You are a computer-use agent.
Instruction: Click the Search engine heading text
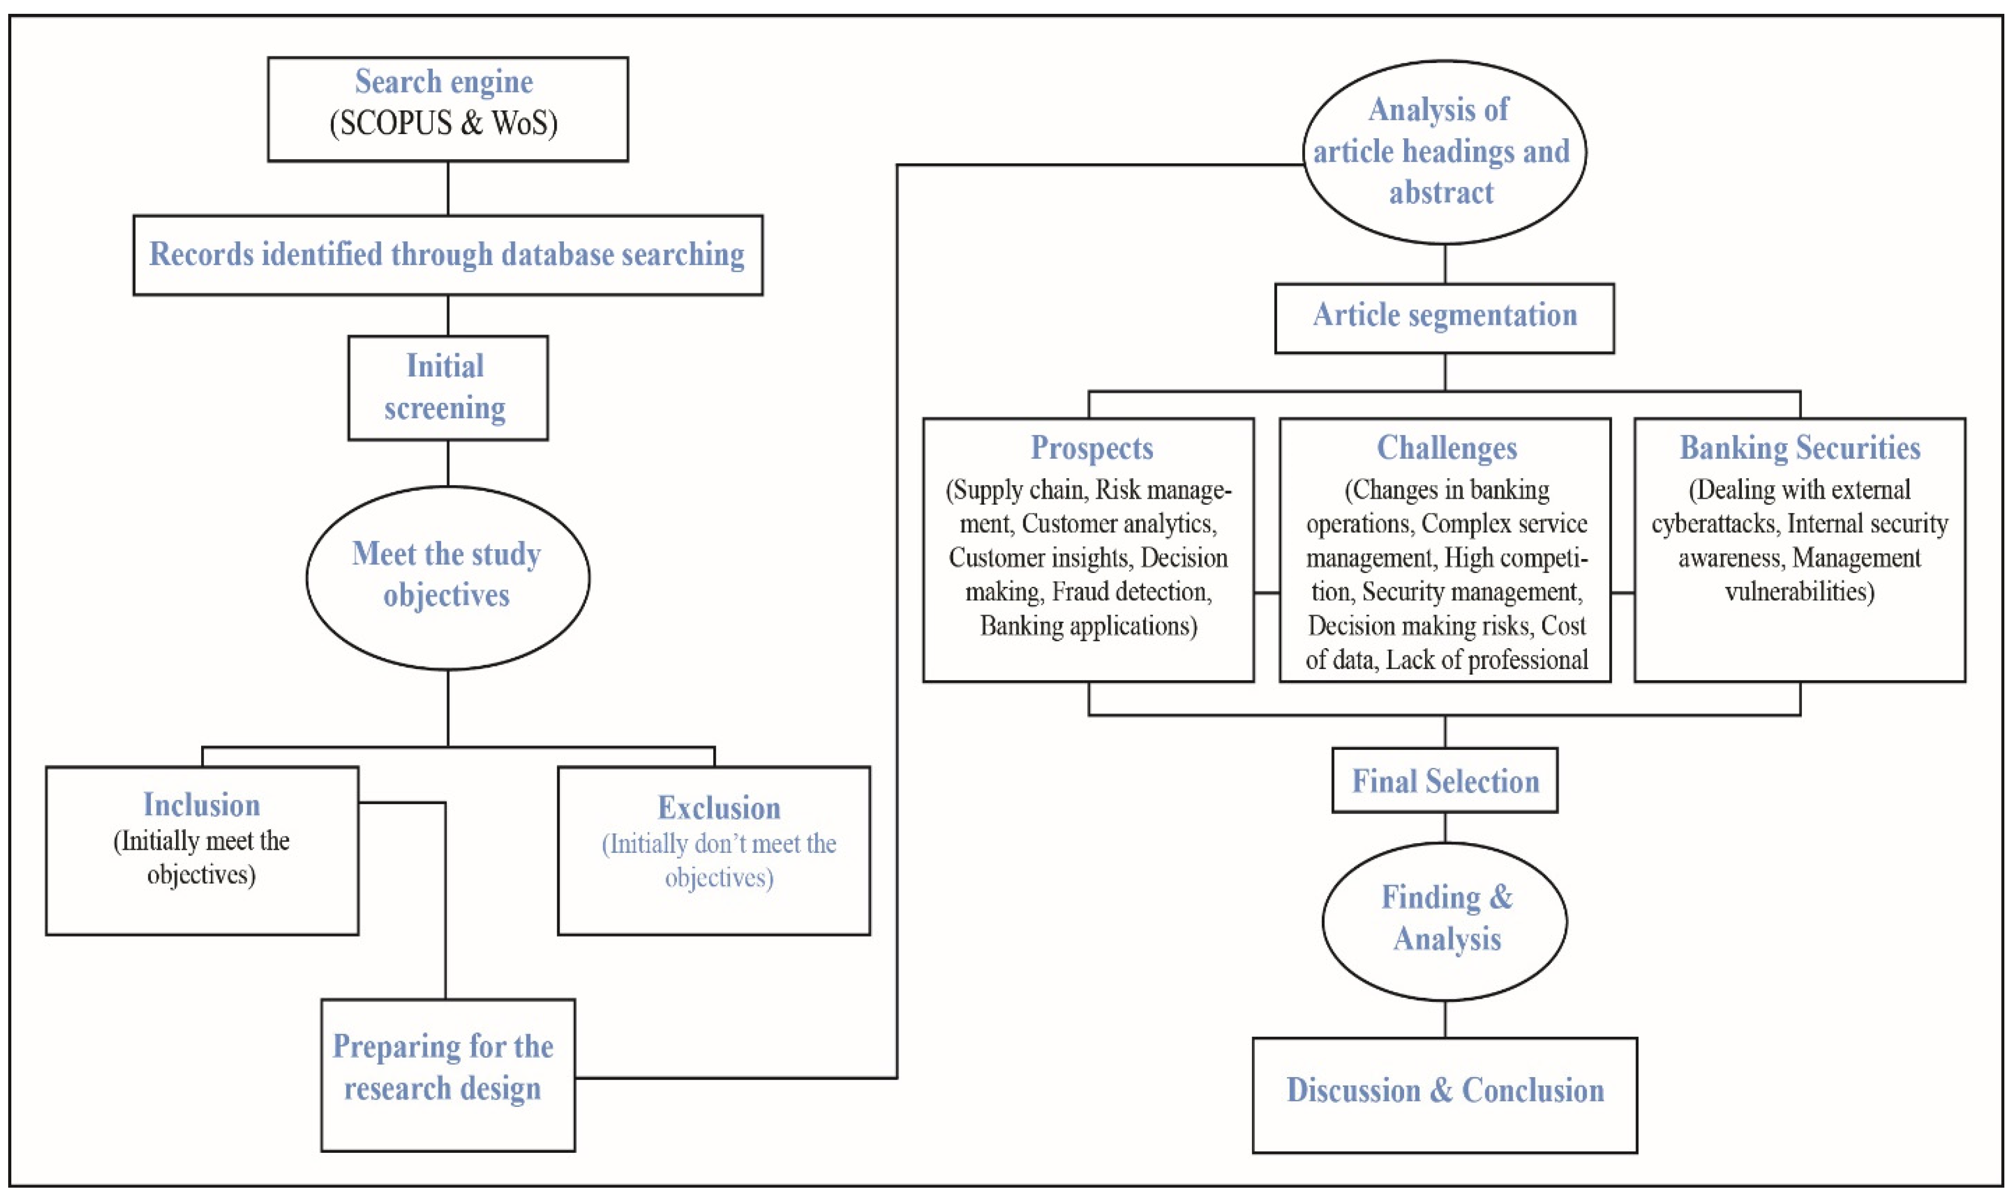pyautogui.click(x=444, y=82)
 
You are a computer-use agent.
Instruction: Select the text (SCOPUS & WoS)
pyautogui.click(x=444, y=123)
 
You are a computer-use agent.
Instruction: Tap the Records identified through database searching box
pyautogui.click(x=448, y=254)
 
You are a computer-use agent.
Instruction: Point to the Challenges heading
pyautogui.click(x=1447, y=448)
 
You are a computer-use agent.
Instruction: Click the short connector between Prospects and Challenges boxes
pyautogui.click(x=1266, y=593)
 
